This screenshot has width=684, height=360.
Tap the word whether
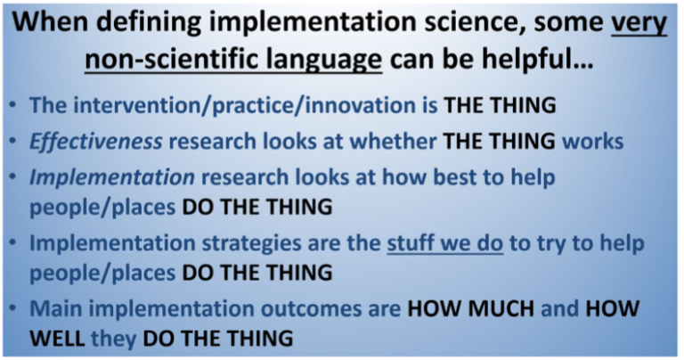[394, 143]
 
